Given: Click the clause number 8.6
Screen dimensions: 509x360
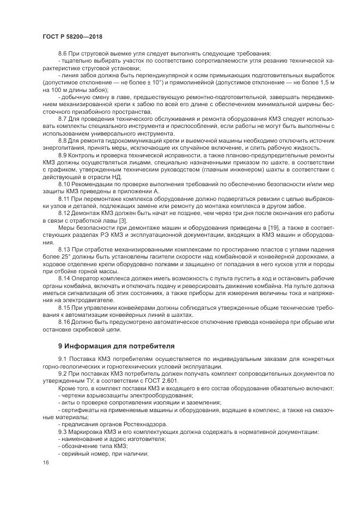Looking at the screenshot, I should coord(63,53).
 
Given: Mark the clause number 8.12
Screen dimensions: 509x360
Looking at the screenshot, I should coord(64,214).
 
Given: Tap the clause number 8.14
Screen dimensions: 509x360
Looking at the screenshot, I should coord(64,278).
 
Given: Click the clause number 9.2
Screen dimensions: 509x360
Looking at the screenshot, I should coord(63,375).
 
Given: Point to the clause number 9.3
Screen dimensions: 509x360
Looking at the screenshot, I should coord(63,432).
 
